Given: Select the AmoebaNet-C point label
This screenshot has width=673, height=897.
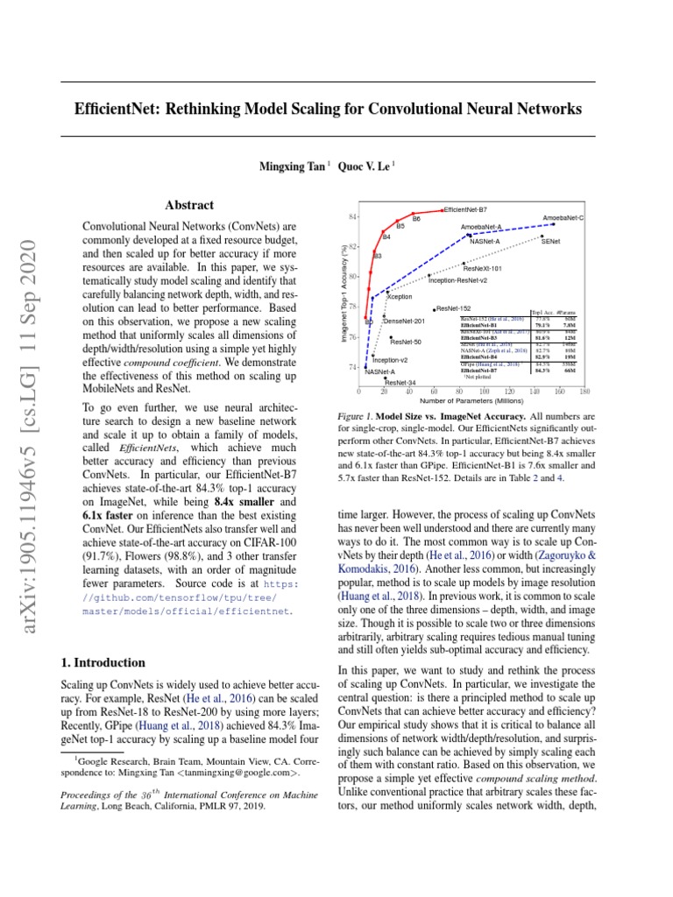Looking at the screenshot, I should coord(563,216).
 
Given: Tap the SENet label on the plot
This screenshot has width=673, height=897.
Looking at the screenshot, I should coord(551,240).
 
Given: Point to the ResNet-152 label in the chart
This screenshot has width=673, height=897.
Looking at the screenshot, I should coord(454,308).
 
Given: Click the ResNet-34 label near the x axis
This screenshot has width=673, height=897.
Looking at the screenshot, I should coord(400,383).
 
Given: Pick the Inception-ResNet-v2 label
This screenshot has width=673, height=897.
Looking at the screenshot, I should coord(457,280).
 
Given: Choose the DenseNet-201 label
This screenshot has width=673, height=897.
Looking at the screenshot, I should coord(404,321).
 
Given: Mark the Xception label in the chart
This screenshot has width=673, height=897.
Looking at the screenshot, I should coord(400,297).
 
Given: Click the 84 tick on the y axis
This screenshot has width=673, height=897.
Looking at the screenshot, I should coord(352,216).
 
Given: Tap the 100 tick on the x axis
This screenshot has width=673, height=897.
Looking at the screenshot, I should coord(484,392).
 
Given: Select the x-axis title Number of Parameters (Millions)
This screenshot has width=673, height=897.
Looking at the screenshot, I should coord(476,401).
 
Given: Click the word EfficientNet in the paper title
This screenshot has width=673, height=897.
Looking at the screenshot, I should coord(122,109).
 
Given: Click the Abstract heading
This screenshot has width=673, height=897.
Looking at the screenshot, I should coord(189,205).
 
